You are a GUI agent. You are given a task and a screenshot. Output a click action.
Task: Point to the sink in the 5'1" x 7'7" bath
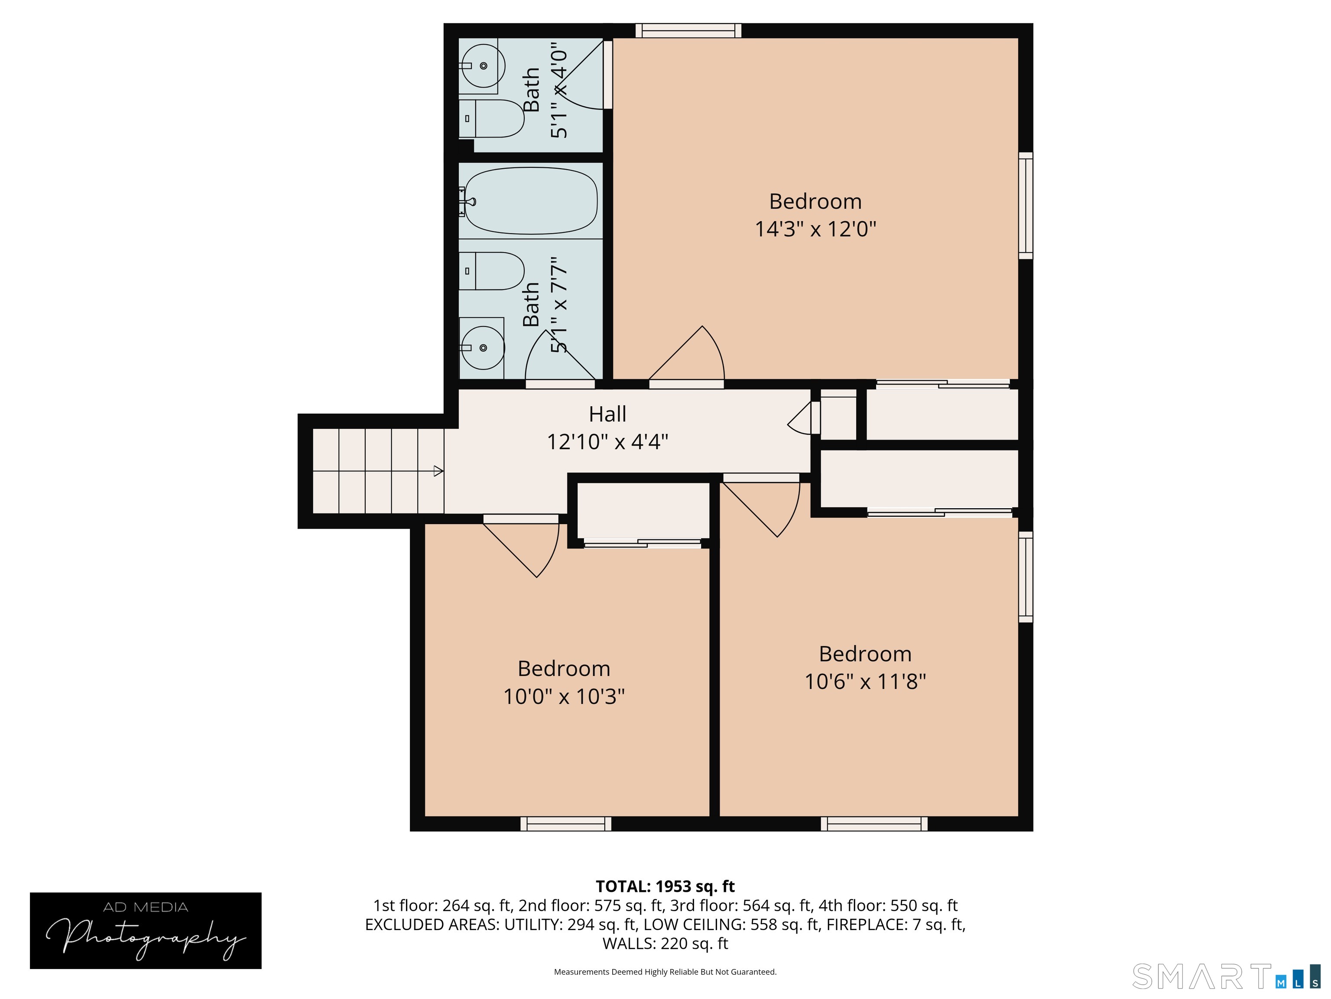(x=483, y=347)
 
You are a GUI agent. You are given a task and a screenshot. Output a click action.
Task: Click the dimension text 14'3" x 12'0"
(x=815, y=229)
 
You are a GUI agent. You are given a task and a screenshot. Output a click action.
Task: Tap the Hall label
(x=607, y=414)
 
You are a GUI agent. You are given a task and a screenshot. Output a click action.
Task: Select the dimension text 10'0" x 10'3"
(x=564, y=697)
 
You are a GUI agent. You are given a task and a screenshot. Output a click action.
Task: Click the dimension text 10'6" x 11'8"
(x=865, y=682)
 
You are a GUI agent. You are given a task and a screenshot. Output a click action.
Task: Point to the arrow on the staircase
(x=438, y=471)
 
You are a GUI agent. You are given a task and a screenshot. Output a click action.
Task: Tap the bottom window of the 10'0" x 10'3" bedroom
(x=565, y=824)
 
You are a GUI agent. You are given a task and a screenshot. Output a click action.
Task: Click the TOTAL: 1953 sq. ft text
(x=665, y=886)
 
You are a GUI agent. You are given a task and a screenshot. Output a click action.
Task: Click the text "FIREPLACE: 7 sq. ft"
(x=896, y=924)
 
